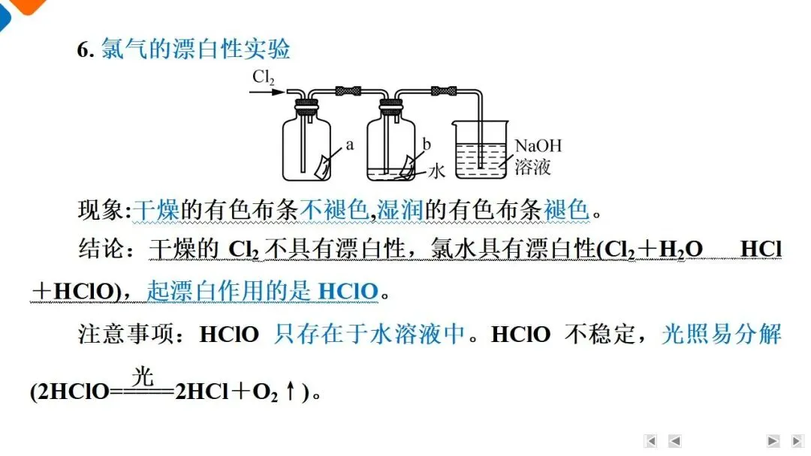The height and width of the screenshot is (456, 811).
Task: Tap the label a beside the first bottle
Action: (350, 145)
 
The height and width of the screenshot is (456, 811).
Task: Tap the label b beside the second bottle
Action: (427, 145)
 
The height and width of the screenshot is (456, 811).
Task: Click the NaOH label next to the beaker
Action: (538, 145)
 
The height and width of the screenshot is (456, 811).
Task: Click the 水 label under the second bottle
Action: (437, 172)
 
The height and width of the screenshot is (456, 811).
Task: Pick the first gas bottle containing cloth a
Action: (306, 146)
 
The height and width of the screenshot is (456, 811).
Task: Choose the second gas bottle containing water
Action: (390, 146)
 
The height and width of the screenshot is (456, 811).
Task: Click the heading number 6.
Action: (86, 50)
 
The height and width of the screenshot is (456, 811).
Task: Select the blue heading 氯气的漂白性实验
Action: (195, 49)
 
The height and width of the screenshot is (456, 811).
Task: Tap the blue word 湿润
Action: (400, 209)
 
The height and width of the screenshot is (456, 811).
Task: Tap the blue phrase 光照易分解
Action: (721, 334)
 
